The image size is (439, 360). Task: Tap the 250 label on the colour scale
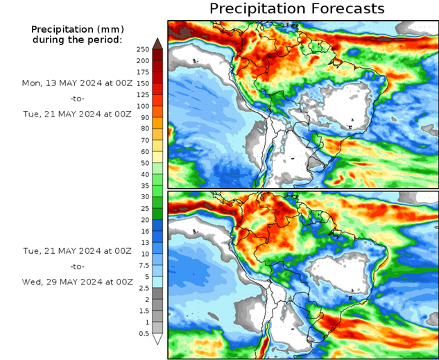143,49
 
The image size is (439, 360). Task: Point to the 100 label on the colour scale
143,106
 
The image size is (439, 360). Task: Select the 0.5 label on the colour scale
143,334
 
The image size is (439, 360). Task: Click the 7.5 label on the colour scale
143,265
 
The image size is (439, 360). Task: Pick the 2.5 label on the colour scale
143,288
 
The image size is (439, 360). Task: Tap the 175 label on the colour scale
143,72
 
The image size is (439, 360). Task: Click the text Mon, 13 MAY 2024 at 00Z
76,83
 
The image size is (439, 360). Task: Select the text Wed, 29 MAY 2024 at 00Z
76,282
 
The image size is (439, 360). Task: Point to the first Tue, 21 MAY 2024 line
76,114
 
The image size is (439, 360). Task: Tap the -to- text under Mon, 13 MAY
77,98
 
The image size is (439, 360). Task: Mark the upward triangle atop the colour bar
157,43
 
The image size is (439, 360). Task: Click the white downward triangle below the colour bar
157,339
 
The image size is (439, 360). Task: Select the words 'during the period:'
77,40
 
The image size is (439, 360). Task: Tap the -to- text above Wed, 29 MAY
77,266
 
